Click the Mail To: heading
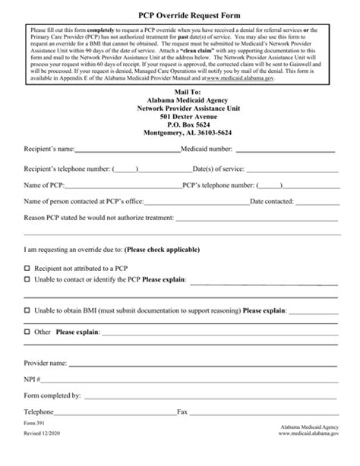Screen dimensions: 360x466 click(179, 91)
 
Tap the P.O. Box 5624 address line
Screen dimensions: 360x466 click(179, 124)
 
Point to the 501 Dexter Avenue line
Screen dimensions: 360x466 click(179, 115)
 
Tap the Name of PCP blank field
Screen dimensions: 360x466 click(125, 185)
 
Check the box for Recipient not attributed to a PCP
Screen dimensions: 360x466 click(27, 268)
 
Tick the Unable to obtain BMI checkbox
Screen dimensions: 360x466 click(27, 310)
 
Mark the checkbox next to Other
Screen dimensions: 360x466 click(27, 332)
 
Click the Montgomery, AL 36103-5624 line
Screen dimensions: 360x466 click(179, 132)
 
